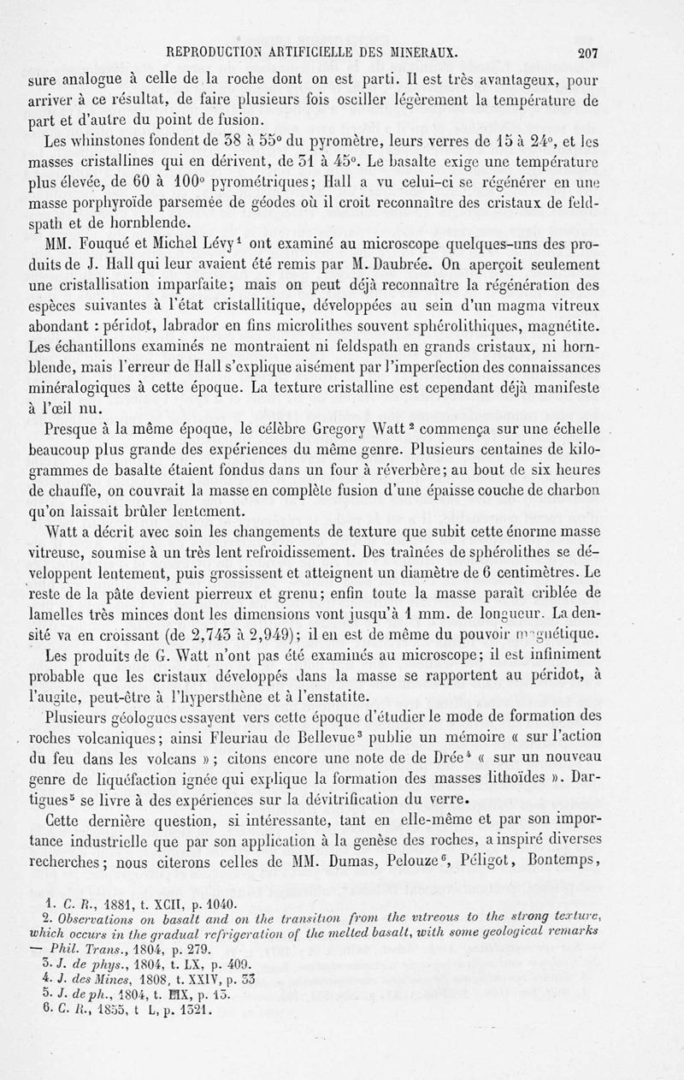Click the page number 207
[x=587, y=51]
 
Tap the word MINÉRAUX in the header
[x=419, y=51]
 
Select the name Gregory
[x=298, y=430]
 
